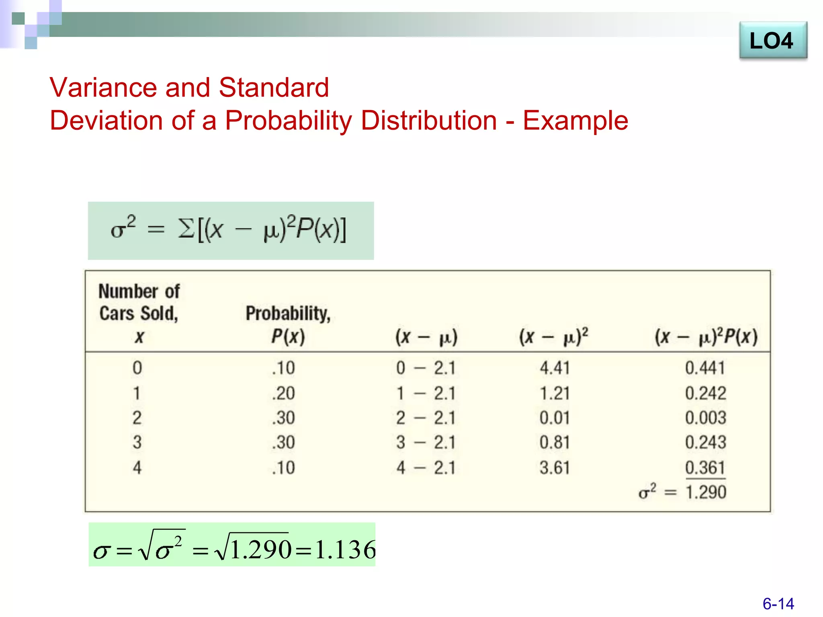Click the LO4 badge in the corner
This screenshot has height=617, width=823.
(x=772, y=41)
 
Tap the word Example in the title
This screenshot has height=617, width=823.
(x=575, y=121)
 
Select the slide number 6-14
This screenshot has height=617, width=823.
(x=778, y=603)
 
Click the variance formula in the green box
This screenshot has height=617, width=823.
(x=229, y=230)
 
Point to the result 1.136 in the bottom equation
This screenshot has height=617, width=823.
(x=345, y=550)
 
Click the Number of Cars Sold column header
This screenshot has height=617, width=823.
(x=139, y=313)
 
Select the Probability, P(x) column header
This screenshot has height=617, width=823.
(x=288, y=324)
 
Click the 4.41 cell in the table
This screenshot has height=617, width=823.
(x=555, y=368)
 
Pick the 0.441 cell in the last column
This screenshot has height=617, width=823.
(x=705, y=368)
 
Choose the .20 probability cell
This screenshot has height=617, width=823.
(x=283, y=393)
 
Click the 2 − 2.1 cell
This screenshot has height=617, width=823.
(x=426, y=418)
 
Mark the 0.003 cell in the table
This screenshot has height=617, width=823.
(x=705, y=418)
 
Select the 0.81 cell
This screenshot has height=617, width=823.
(x=555, y=443)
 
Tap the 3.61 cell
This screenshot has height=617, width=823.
(x=555, y=468)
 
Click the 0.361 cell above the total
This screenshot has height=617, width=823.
(x=705, y=468)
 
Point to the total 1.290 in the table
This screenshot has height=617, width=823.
(x=706, y=492)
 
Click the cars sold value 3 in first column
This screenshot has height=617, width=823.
(x=137, y=443)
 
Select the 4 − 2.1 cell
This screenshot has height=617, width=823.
(x=426, y=468)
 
